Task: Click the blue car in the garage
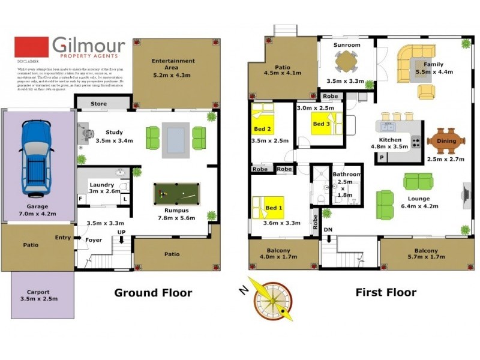[35, 157]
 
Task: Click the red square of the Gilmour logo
[31, 47]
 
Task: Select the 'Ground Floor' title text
[153, 293]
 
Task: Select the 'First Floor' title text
[386, 293]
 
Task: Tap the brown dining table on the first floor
[446, 142]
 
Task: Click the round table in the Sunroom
[346, 60]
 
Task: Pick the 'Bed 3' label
[320, 124]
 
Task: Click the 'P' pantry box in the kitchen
[382, 157]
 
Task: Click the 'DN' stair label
[328, 230]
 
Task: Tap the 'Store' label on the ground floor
[98, 104]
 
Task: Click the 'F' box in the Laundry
[80, 198]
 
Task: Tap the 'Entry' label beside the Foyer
[62, 238]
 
